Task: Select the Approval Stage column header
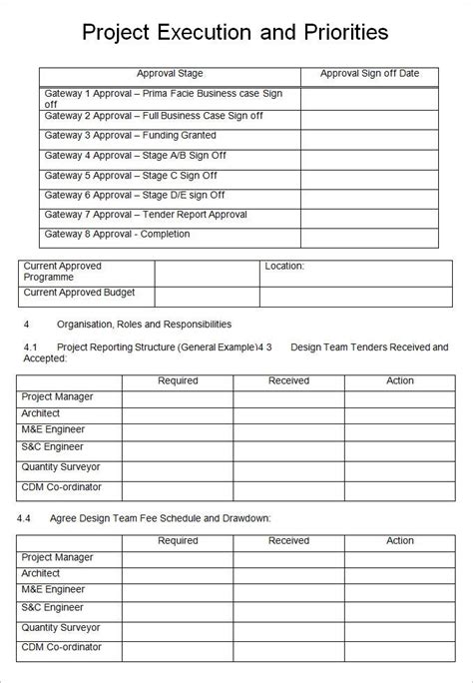tap(170, 74)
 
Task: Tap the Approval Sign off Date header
tap(369, 74)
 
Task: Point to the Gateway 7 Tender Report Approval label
tap(146, 215)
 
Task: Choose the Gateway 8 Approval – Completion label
tap(117, 235)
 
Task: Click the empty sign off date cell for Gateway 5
tap(369, 176)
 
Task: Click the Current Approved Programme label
tap(62, 272)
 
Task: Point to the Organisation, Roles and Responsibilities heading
tap(144, 324)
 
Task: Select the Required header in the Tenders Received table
tap(178, 380)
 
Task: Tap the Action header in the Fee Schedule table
tap(400, 540)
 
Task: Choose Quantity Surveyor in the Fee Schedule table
tap(61, 627)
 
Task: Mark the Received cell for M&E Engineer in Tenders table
tap(288, 432)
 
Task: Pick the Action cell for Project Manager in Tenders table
tap(400, 398)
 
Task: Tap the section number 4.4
tap(25, 518)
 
